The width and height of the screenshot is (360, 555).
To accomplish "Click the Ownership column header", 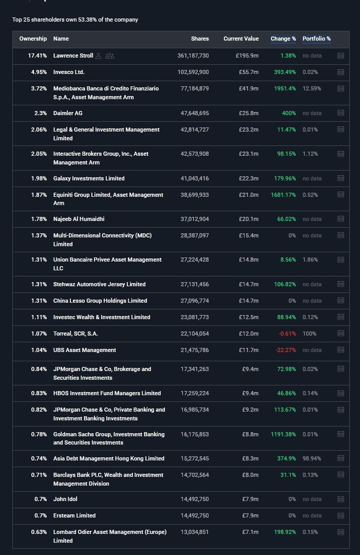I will (33, 39).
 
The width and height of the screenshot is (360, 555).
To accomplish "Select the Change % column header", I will (283, 39).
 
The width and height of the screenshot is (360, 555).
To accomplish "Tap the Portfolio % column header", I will (316, 39).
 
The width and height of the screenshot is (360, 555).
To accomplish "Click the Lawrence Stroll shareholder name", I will (73, 55).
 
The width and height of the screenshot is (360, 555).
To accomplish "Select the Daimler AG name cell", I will (68, 113).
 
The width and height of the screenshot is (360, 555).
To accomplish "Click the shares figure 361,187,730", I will (193, 55).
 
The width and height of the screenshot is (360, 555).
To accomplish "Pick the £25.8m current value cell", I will (249, 113).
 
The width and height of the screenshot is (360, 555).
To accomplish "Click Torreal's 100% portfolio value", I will (309, 334).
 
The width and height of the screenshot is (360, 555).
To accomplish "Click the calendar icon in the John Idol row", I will (340, 499).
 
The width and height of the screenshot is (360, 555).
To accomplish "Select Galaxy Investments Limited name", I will (89, 178).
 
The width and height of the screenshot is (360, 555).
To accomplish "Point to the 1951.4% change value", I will (285, 88).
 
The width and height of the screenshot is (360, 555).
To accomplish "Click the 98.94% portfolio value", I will (312, 458).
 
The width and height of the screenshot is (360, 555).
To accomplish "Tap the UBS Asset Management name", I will (85, 350).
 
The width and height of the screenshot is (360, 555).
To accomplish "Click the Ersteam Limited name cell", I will (74, 515).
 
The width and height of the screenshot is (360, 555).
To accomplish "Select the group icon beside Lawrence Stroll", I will (109, 55).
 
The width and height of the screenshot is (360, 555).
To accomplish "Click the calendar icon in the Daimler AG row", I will (340, 113).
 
